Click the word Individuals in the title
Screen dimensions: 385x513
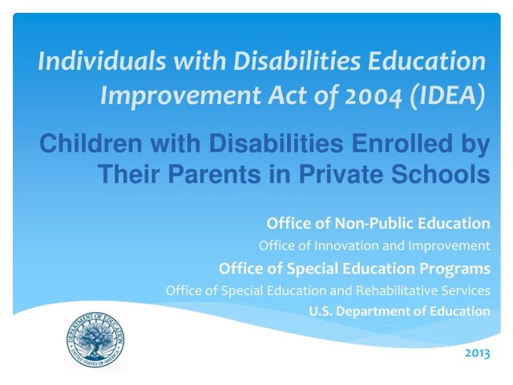(94, 61)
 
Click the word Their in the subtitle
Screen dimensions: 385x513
(128, 173)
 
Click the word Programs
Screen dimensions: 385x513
(454, 268)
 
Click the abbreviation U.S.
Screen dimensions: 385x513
(320, 311)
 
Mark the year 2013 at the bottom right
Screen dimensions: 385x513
(477, 351)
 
